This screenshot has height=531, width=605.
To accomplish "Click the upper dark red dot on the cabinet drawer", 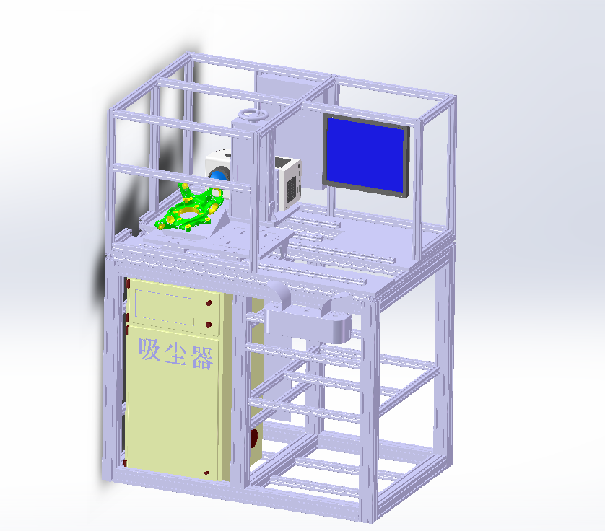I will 209,303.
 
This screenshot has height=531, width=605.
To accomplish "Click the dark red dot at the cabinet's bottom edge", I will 207,473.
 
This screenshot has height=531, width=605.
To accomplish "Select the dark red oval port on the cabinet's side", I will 253,437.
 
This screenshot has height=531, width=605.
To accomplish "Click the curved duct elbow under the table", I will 279,295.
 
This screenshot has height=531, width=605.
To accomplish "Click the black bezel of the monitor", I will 406,162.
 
